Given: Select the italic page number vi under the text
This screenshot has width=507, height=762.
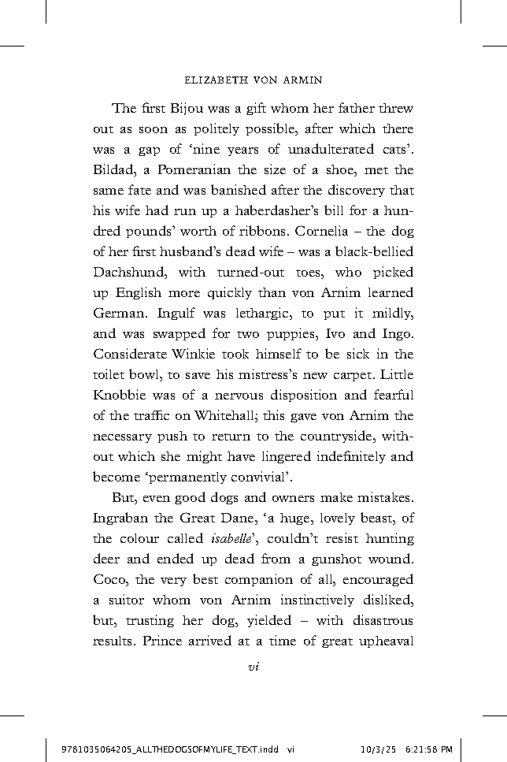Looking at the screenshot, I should click(x=253, y=667).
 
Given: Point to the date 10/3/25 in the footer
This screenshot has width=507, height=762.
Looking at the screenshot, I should click(x=373, y=749).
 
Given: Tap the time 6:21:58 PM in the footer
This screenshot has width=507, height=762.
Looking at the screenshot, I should click(x=428, y=749).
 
